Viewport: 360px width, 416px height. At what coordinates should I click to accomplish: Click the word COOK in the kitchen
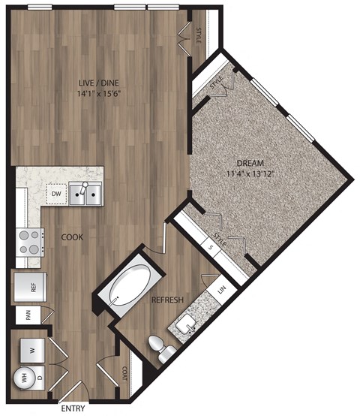tap(72, 237)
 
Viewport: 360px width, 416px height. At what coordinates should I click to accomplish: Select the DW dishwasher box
tap(55, 194)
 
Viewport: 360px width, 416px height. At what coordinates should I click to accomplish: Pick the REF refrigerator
tap(29, 286)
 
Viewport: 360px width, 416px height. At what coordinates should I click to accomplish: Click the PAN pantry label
tap(28, 315)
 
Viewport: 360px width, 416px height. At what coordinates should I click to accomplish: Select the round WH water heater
tap(23, 378)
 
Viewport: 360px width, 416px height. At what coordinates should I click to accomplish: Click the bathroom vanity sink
tap(187, 324)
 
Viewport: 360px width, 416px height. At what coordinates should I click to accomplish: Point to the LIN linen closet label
tap(221, 288)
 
